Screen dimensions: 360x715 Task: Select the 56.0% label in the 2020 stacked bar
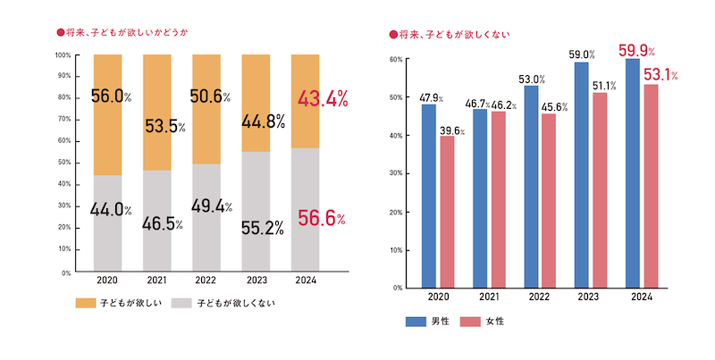pos(111,96)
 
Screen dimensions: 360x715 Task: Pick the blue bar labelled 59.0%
pos(582,174)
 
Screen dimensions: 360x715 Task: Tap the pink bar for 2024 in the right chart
pos(652,186)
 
